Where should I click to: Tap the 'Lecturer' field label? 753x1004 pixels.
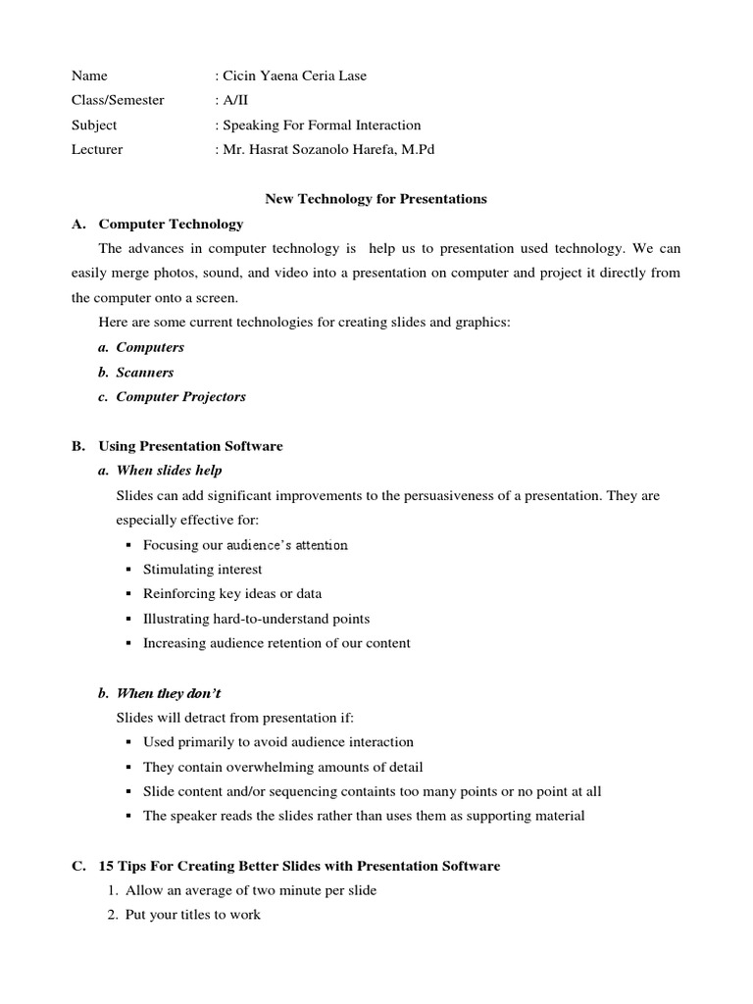[x=97, y=149]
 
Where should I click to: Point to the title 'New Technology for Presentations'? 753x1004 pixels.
[x=376, y=198]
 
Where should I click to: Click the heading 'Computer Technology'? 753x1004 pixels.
[x=171, y=224]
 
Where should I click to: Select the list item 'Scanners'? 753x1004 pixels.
[x=144, y=373]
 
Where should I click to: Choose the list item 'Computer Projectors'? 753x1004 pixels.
[x=180, y=397]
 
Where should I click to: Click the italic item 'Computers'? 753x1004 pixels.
[x=149, y=347]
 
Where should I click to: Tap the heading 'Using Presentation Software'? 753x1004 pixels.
[x=190, y=446]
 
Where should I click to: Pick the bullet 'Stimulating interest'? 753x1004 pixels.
[x=202, y=569]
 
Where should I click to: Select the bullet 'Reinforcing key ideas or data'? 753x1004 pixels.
[x=231, y=593]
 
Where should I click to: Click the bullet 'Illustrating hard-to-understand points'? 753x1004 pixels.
[x=256, y=619]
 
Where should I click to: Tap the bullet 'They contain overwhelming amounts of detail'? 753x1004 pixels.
[x=282, y=767]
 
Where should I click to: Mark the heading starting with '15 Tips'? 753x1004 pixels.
[x=299, y=866]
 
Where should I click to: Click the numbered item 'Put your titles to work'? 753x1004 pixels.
[x=192, y=915]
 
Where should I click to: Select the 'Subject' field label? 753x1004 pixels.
[x=94, y=125]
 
